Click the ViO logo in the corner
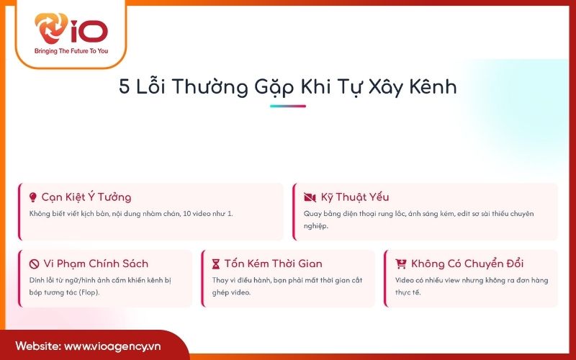point(71,30)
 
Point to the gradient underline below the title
point(287,107)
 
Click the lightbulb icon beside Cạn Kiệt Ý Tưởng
point(32,197)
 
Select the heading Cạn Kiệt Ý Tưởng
point(86,197)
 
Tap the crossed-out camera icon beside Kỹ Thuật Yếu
point(310,197)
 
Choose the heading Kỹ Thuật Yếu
point(355,197)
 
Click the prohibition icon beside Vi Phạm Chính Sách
point(33,264)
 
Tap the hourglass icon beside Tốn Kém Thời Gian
point(216,264)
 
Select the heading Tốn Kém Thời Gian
point(273,264)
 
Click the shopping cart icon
point(401,264)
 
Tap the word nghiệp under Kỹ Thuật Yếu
point(315,226)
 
